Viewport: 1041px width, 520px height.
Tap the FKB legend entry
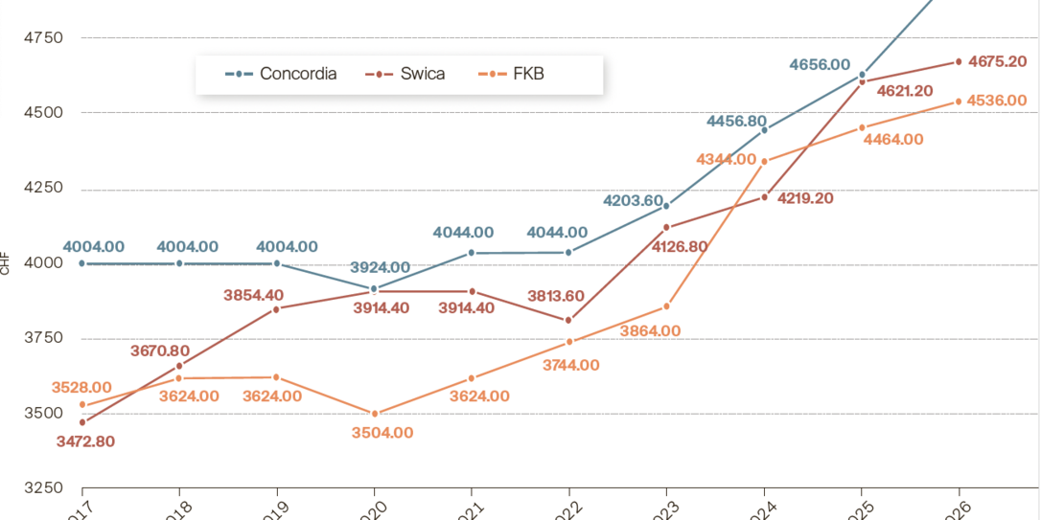click(511, 74)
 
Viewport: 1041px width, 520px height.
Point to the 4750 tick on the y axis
click(42, 38)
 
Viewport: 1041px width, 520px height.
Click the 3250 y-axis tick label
click(42, 488)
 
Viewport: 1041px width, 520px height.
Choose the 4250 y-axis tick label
click(42, 189)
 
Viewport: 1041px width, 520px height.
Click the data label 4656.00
click(820, 65)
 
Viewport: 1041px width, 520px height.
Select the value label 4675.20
click(998, 61)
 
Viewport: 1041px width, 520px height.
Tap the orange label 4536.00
click(998, 101)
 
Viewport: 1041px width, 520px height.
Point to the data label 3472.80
click(85, 441)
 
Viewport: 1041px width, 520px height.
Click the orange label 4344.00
click(726, 159)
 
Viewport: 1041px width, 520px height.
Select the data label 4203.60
click(633, 201)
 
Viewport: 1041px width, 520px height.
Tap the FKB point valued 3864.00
click(666, 306)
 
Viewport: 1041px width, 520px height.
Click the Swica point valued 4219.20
click(764, 197)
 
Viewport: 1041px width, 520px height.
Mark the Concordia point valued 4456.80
click(764, 129)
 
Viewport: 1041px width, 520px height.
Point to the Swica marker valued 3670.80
click(179, 366)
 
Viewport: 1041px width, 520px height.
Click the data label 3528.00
click(81, 388)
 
